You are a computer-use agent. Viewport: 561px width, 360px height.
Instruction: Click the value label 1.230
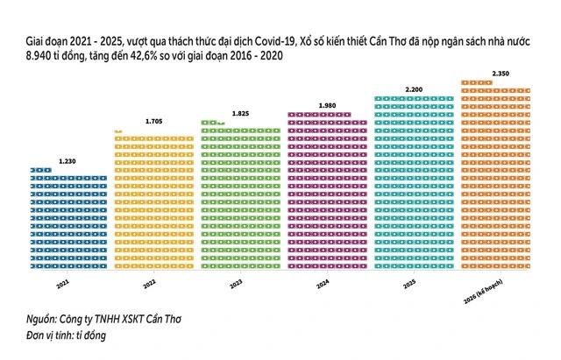pyautogui.click(x=67, y=161)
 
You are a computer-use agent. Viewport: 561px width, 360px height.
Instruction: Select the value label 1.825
pyautogui.click(x=240, y=113)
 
